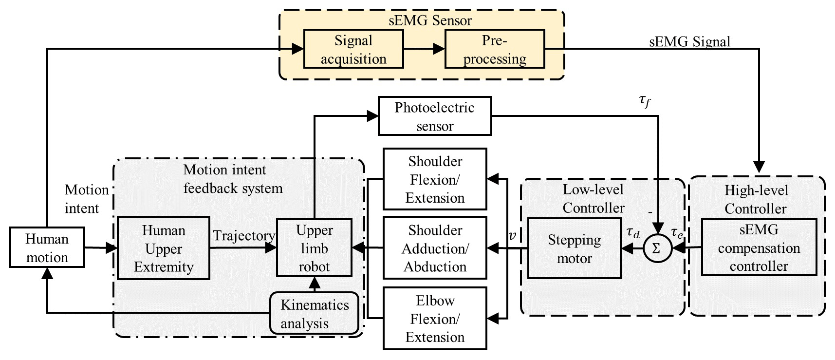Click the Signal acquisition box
tap(353, 49)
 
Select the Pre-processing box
tap(495, 49)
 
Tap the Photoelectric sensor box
tap(435, 116)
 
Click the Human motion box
tap(47, 247)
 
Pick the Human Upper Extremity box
tap(164, 248)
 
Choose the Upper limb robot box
tap(314, 248)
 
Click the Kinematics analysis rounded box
tap(315, 314)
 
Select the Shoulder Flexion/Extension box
tap(435, 179)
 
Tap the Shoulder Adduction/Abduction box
tap(435, 248)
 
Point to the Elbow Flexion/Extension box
tap(435, 319)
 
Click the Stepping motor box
tap(574, 248)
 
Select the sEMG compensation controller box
tap(759, 248)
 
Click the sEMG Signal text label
tap(690, 41)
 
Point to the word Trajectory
tap(244, 236)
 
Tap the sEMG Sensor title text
tap(430, 20)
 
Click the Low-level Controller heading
tap(593, 199)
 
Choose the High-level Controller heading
tap(756, 199)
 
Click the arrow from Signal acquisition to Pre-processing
tap(424, 49)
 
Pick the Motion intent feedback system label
tap(232, 179)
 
